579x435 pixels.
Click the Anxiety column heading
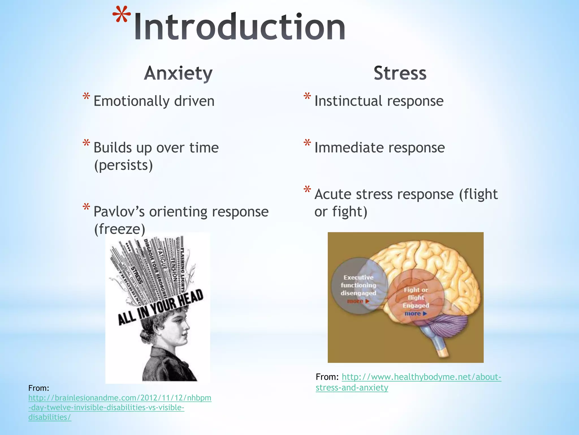pyautogui.click(x=178, y=73)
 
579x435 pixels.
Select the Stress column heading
pyautogui.click(x=400, y=73)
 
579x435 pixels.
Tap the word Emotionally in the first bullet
pyautogui.click(x=131, y=101)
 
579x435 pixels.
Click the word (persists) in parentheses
pyautogui.click(x=123, y=165)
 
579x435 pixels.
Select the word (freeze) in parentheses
pyautogui.click(x=119, y=229)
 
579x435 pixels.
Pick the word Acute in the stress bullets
pyautogui.click(x=332, y=194)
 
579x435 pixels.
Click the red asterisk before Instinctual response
pyautogui.click(x=307, y=97)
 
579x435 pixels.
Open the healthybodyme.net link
pyautogui.click(x=421, y=377)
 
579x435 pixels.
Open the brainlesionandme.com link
pyautogui.click(x=120, y=398)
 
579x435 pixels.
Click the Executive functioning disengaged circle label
pyautogui.click(x=358, y=285)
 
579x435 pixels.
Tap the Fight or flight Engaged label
pyautogui.click(x=416, y=297)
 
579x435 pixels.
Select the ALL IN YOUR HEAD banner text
pyautogui.click(x=161, y=307)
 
